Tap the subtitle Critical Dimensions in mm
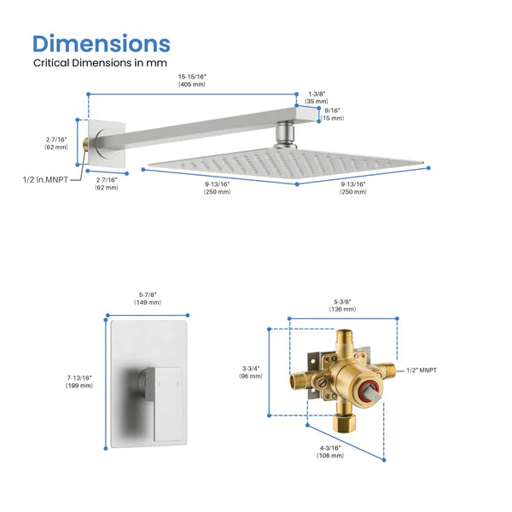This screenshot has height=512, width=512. point(100,63)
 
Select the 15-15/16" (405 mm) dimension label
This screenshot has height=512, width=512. point(192,79)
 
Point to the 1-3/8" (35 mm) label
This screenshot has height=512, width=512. point(316,96)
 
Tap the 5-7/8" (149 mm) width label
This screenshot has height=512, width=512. point(149,299)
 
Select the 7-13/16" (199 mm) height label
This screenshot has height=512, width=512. point(79,381)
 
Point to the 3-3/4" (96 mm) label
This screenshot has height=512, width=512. point(250,372)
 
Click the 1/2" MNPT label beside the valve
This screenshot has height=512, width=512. point(422,370)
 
